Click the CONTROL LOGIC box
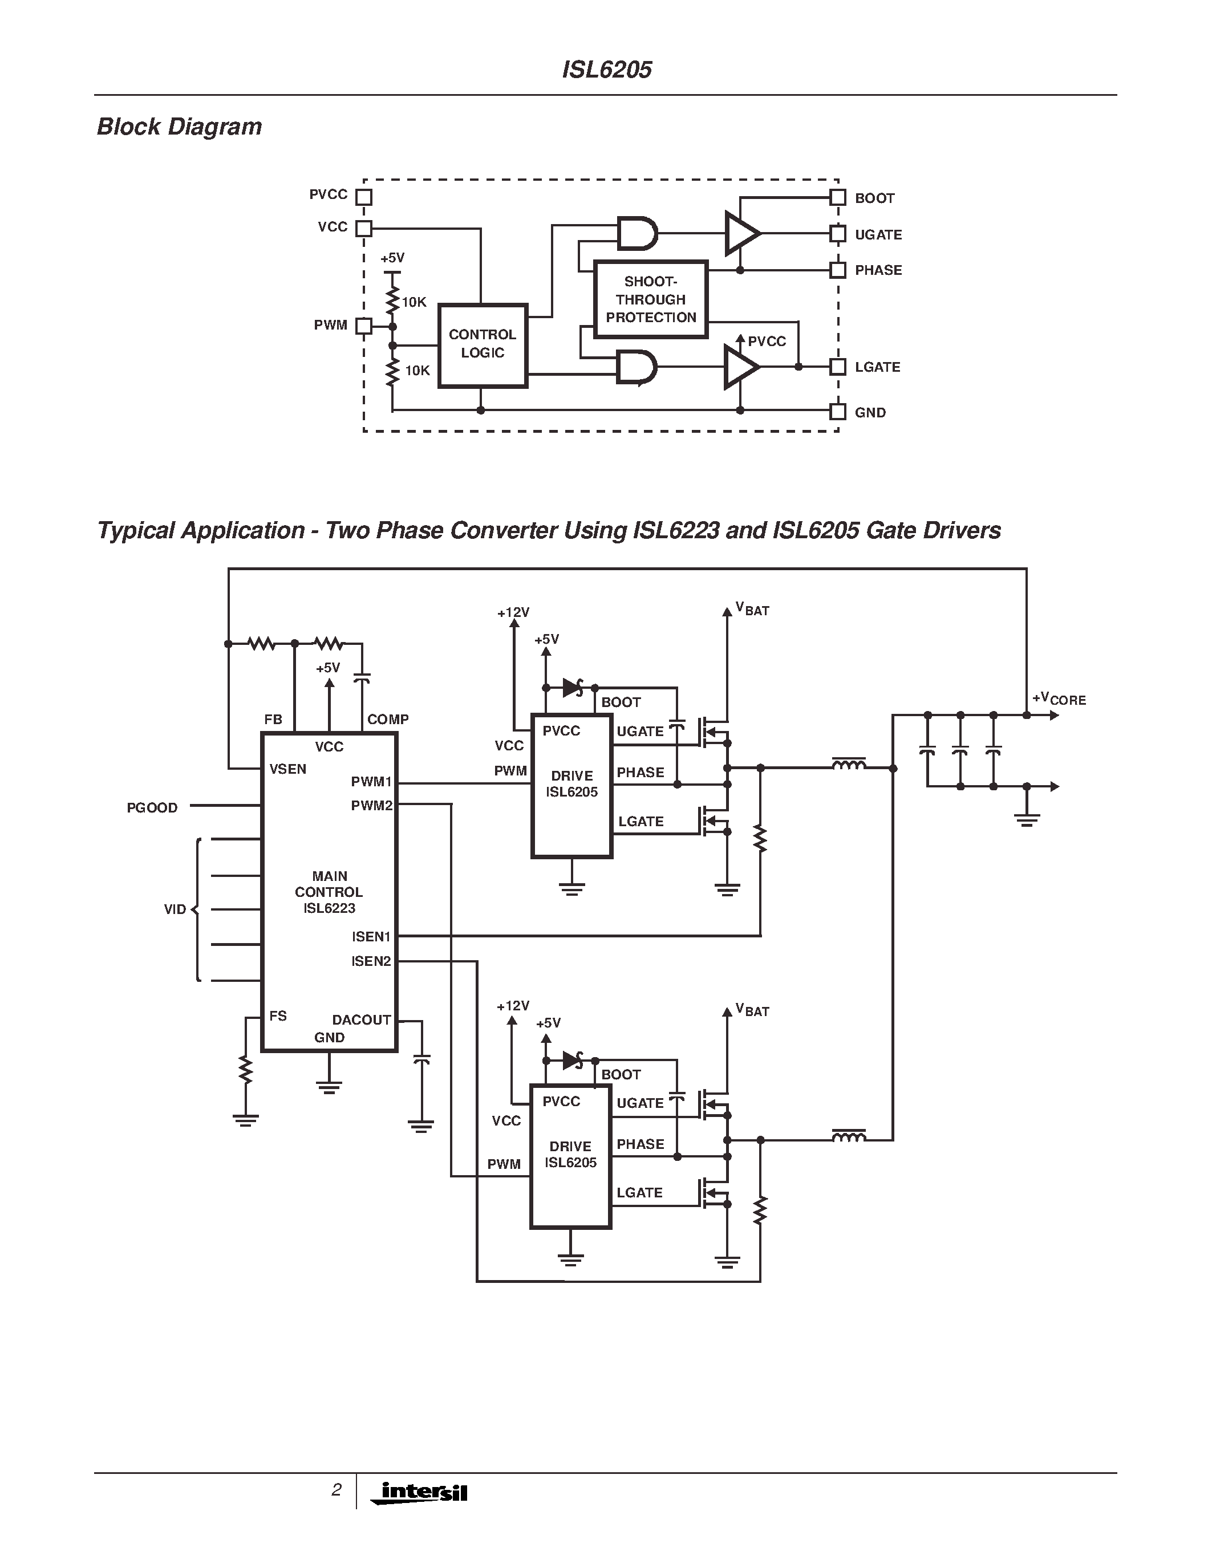coord(483,346)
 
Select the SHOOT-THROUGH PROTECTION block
coord(651,299)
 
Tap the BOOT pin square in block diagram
coord(837,197)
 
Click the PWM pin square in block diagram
coord(364,326)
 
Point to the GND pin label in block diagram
coord(870,413)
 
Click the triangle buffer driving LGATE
coord(740,367)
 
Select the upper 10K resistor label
coord(414,302)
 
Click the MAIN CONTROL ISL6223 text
coord(329,892)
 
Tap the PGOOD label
coord(152,808)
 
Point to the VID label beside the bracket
coord(175,909)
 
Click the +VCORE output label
coord(1059,698)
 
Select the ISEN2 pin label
coord(371,961)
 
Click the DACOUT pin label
coord(361,1019)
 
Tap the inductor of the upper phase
coord(849,765)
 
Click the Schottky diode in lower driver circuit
coord(574,1060)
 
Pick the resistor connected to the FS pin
coord(246,1069)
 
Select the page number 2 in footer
coord(336,1490)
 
